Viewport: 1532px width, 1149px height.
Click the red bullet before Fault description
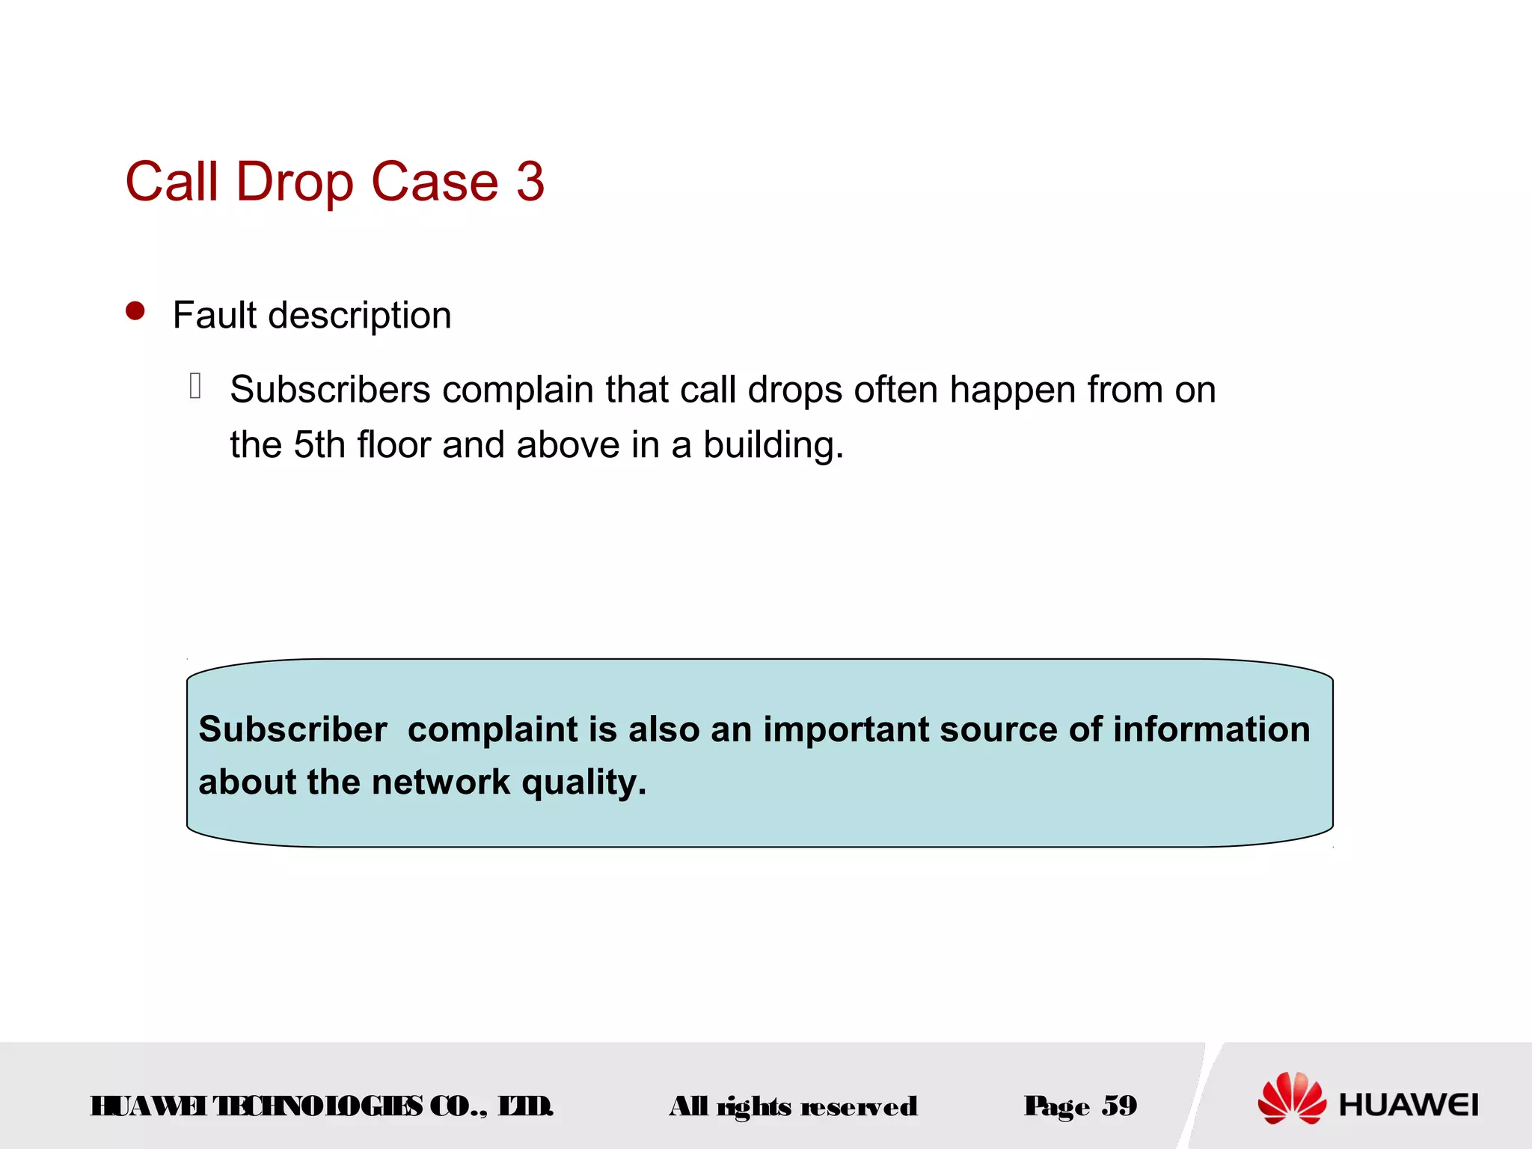point(135,311)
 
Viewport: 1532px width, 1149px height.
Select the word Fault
point(215,315)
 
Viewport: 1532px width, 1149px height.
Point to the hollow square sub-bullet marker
point(195,386)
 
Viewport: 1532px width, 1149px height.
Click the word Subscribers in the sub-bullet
point(330,390)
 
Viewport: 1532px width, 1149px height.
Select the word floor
point(393,445)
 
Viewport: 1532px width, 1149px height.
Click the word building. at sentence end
point(773,446)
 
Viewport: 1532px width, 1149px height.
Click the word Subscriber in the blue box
point(292,729)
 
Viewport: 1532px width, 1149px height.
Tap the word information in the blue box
point(1211,729)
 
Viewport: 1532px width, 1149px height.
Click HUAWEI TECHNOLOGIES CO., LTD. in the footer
point(322,1106)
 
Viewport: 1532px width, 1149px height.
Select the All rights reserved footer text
point(793,1106)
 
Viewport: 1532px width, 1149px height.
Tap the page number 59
point(1119,1106)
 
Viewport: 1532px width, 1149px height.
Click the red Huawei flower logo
point(1292,1098)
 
